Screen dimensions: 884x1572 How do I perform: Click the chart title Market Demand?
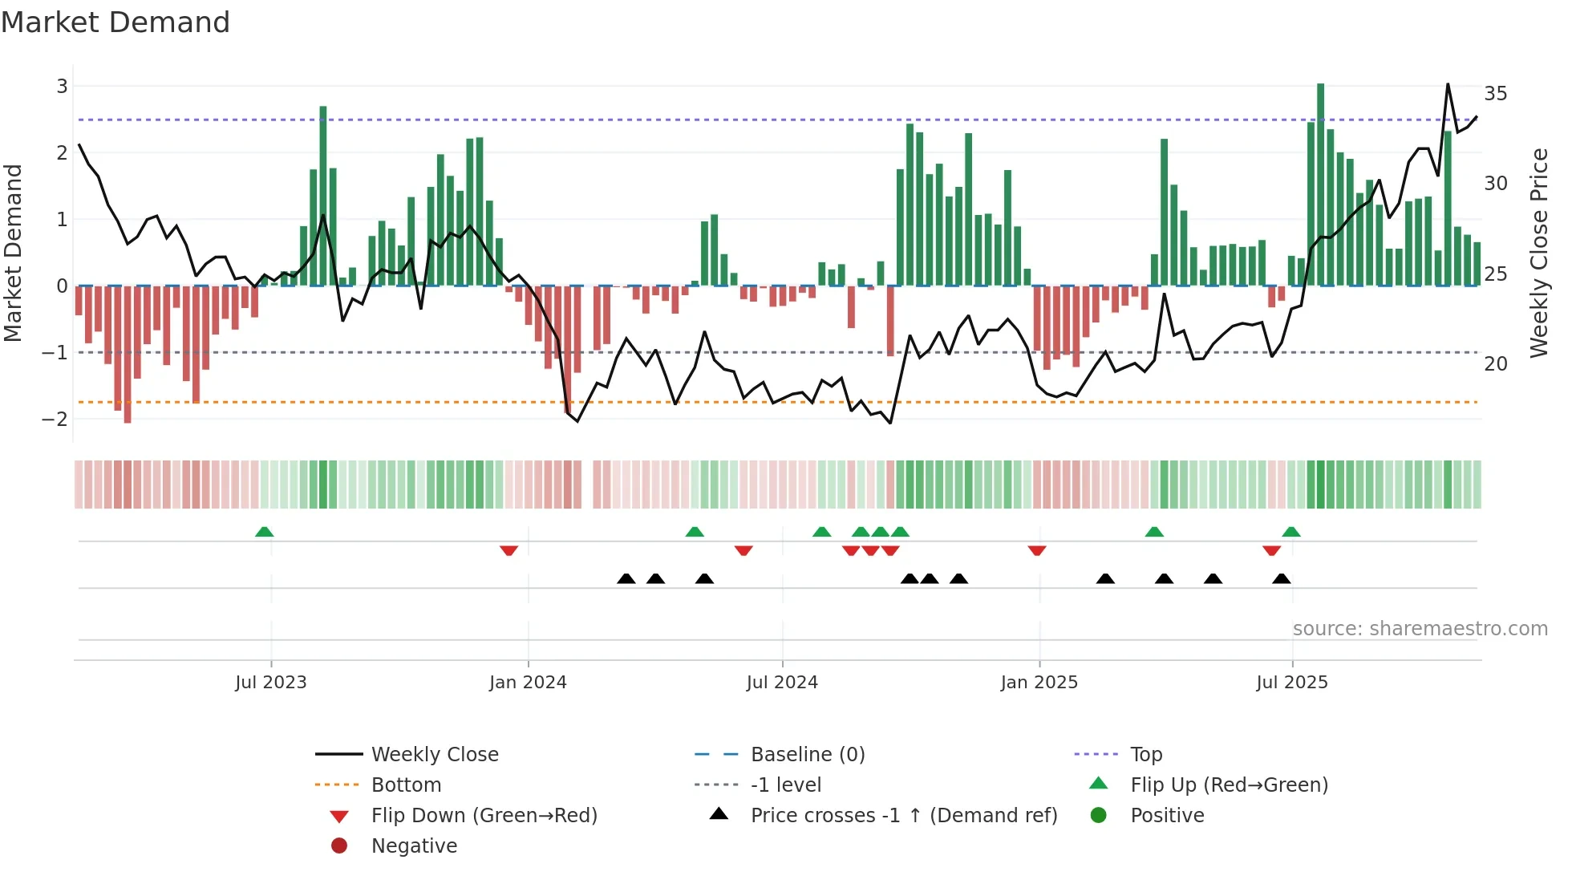(x=115, y=22)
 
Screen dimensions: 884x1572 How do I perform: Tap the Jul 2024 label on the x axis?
(x=782, y=683)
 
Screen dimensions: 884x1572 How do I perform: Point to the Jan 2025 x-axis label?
(x=1039, y=683)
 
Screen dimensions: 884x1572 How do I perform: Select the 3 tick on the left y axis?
(x=62, y=86)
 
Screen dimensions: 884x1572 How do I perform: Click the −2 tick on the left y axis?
(x=56, y=419)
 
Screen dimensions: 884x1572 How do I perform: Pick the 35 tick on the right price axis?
(x=1495, y=94)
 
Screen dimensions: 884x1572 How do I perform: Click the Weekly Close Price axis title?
(x=1538, y=253)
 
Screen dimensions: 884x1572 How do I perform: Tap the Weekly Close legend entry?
(x=434, y=755)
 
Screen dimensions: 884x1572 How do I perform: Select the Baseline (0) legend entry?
(x=807, y=755)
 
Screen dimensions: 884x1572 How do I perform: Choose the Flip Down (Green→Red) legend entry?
(x=484, y=816)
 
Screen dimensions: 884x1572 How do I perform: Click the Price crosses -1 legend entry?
(x=903, y=816)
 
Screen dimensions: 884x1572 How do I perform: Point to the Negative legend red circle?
(x=339, y=846)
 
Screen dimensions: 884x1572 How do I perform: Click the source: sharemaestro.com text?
(x=1420, y=629)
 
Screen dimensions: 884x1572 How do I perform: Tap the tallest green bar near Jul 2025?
(x=1320, y=185)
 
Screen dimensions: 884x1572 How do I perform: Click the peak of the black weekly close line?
(x=1448, y=84)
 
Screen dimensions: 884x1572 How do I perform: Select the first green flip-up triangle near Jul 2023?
(x=264, y=532)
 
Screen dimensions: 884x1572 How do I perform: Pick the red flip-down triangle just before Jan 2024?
(x=508, y=550)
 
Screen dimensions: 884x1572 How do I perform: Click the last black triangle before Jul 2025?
(x=1282, y=578)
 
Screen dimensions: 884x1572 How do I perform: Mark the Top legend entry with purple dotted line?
(x=1145, y=755)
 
